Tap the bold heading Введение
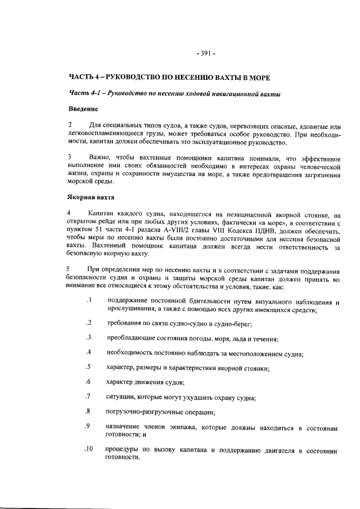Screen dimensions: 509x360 [x=83, y=108]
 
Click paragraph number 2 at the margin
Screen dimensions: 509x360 [x=70, y=124]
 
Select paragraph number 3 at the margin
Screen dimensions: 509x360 [x=70, y=156]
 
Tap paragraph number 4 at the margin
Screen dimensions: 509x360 [x=70, y=214]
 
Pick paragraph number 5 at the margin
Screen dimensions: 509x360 [x=70, y=267]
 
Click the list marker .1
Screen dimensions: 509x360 [x=89, y=301]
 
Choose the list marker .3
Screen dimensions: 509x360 [x=89, y=337]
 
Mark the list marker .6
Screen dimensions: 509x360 [x=89, y=382]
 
